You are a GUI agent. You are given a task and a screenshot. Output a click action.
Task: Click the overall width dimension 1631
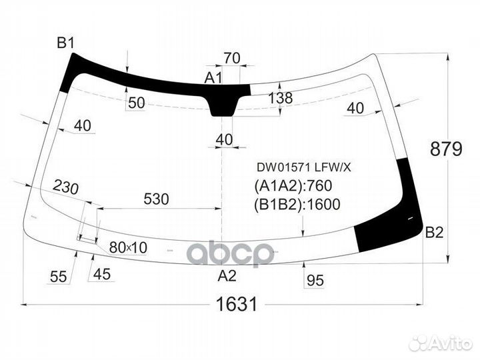[x=237, y=304]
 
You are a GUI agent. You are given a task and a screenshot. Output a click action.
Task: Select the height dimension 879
[x=446, y=149]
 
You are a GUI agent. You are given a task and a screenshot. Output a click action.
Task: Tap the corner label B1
[x=65, y=43]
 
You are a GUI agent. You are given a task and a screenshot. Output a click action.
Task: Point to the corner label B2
[x=435, y=233]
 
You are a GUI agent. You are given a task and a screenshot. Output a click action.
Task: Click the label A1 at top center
[x=213, y=78]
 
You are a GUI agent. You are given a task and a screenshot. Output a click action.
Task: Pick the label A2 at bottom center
[x=227, y=276]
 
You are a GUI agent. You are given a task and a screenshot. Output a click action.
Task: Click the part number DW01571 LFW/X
[x=304, y=167]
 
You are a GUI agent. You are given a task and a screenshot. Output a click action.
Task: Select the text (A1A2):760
[x=293, y=185]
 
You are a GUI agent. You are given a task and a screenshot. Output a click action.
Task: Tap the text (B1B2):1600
[x=297, y=205]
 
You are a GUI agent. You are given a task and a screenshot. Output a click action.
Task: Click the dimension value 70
[x=232, y=58]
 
